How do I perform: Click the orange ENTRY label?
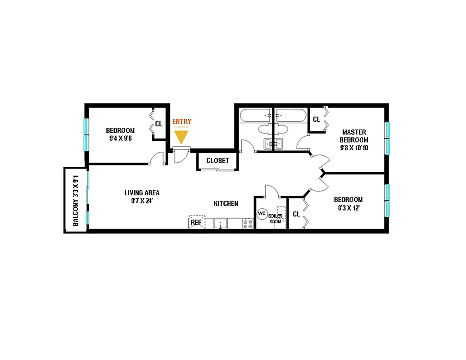(182, 121)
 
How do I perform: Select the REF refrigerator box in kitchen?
(196, 222)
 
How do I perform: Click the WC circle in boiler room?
(262, 214)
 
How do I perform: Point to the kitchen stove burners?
(248, 223)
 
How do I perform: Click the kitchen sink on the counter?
(221, 223)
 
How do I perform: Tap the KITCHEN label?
(226, 203)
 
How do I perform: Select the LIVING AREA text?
(142, 193)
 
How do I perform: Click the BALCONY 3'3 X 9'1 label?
(76, 200)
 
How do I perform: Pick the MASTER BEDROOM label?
(354, 136)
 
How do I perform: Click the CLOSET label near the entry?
(217, 161)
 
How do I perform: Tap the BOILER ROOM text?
(276, 219)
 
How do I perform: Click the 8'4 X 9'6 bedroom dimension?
(120, 139)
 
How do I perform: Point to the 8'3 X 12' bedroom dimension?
(348, 208)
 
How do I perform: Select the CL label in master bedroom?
(317, 119)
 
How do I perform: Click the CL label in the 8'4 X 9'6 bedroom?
(158, 124)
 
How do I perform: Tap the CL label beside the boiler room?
(296, 214)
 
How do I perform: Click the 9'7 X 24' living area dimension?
(142, 201)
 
